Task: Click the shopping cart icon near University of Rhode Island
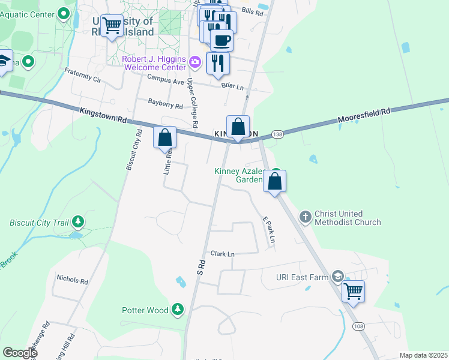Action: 112,26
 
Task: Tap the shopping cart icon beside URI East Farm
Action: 354,292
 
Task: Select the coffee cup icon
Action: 221,40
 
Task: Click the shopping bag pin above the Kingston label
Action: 238,127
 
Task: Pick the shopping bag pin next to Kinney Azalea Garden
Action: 274,181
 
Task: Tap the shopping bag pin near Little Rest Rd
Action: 165,137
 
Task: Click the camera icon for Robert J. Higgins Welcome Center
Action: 194,62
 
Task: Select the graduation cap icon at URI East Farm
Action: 338,276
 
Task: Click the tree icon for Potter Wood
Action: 177,310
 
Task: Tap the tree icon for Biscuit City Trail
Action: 77,223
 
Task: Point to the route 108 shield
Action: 358,326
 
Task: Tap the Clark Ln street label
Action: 222,254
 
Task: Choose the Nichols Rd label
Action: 72,280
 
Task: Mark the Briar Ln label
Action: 234,86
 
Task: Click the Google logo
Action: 20,353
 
